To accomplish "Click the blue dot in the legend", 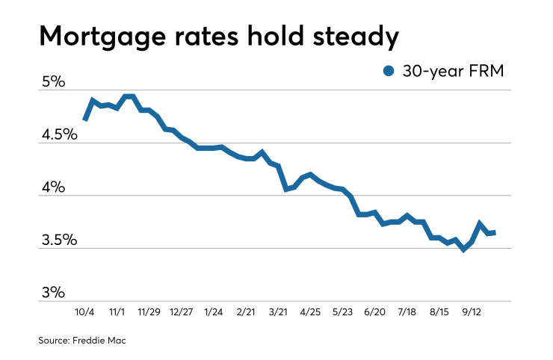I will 388,71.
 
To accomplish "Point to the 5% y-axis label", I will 55,81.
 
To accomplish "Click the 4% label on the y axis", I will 55,187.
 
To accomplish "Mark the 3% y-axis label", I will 55,292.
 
